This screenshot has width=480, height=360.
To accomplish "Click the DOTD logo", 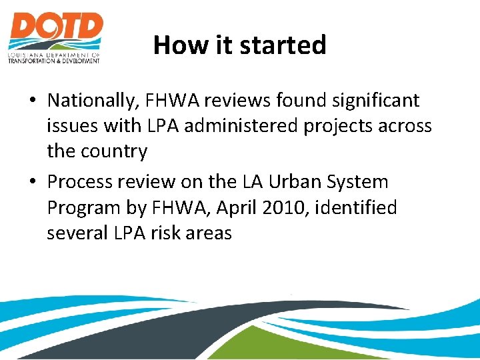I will point(55,37).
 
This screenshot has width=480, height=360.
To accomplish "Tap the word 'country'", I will point(115,151).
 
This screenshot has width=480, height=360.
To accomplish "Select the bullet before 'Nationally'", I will point(32,101).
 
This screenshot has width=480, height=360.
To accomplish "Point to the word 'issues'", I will point(72,126).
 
